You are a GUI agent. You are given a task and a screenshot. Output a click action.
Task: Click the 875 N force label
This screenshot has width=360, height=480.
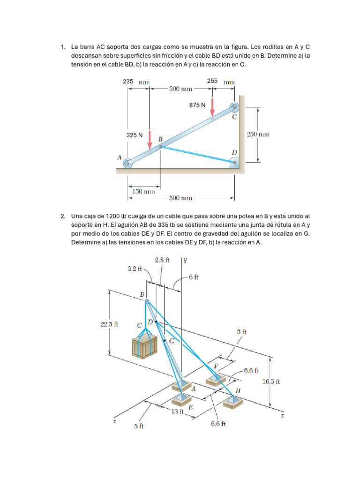pos(197,105)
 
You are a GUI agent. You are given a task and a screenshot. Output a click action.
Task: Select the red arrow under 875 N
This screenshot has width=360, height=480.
pos(212,107)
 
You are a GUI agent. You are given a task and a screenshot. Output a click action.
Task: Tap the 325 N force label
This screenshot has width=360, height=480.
pos(135,135)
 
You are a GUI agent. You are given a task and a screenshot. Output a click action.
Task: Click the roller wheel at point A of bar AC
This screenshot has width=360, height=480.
pos(127,164)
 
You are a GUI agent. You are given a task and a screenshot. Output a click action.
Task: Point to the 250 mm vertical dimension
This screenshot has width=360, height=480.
pos(258,135)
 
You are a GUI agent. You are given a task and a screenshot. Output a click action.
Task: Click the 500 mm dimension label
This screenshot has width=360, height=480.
pos(180,198)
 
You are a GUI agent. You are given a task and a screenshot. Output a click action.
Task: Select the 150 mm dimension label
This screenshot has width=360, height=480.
pos(143,191)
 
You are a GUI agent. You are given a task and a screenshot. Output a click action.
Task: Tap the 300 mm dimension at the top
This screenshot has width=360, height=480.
pos(180,89)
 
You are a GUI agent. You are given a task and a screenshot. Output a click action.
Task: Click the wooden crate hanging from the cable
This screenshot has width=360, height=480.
pos(144,346)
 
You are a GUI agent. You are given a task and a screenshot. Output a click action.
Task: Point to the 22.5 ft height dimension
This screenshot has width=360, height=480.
pos(109,324)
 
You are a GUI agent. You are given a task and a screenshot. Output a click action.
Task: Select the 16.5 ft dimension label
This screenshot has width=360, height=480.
pos(271,382)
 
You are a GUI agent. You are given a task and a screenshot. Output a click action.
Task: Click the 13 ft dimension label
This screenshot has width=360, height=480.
pos(177,412)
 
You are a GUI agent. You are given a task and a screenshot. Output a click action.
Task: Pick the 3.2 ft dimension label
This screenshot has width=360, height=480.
pos(135,269)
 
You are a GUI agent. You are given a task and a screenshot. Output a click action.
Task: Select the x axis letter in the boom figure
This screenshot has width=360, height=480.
pos(282,415)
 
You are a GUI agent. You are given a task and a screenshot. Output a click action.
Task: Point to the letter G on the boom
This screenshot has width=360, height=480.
pos(172,341)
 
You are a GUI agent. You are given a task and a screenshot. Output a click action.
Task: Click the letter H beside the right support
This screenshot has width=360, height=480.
pos(238,390)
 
